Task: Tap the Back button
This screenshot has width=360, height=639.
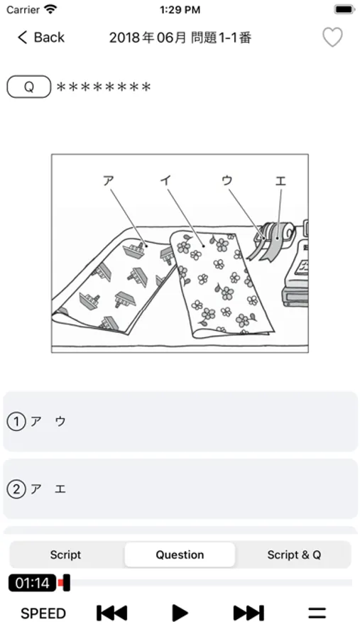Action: tap(40, 38)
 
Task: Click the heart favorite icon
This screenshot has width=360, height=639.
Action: tap(332, 38)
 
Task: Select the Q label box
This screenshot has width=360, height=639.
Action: tap(29, 87)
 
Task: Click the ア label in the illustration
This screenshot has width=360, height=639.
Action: tap(108, 180)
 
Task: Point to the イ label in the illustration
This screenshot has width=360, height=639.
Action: tap(166, 180)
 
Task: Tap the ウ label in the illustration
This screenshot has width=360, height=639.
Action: tap(227, 180)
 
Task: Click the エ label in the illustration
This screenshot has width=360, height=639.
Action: tap(280, 180)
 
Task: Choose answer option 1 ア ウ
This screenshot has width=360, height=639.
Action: tap(180, 421)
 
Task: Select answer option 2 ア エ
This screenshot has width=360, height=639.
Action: tap(180, 488)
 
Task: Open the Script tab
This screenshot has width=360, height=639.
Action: tap(65, 555)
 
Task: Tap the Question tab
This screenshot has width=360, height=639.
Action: tap(180, 555)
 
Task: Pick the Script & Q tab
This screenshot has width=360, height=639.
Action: tap(294, 555)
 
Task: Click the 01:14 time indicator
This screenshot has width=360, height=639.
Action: tap(32, 583)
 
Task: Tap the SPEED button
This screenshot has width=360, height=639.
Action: tap(43, 613)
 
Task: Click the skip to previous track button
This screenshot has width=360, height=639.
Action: tap(111, 613)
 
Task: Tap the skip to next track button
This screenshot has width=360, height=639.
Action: tap(249, 613)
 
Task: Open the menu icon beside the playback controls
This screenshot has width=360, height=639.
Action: tap(317, 613)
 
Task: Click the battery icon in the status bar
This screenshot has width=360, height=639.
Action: tap(345, 9)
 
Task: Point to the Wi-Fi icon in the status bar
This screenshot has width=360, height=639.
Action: tap(51, 9)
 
